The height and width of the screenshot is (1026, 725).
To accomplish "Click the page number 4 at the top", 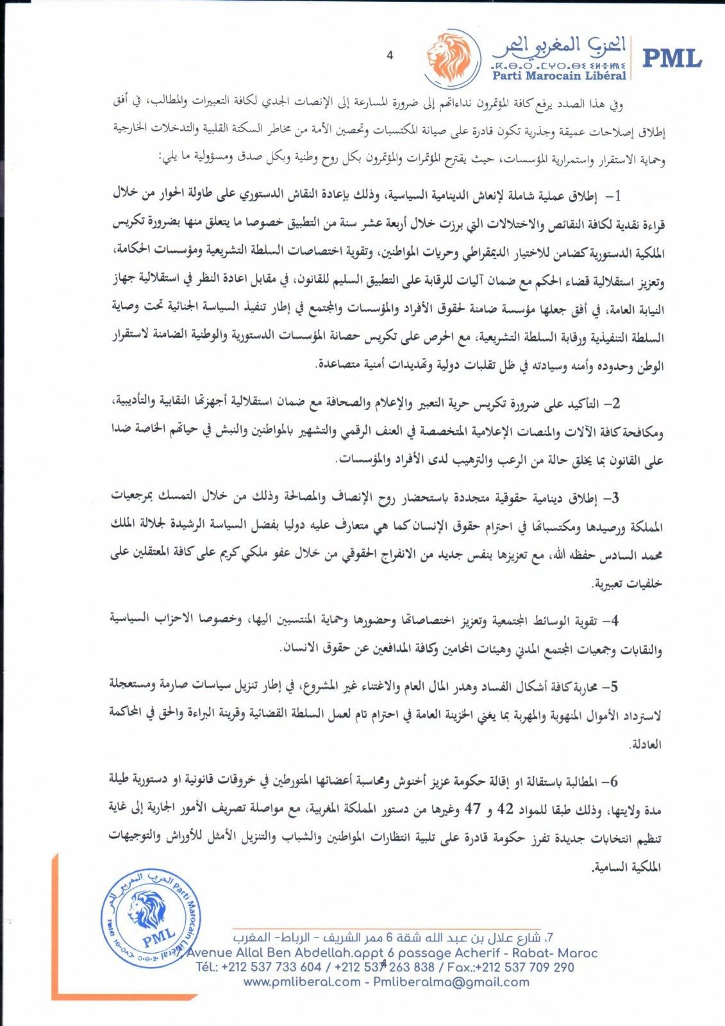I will [x=389, y=56].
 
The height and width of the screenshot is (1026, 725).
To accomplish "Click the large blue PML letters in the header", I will [x=672, y=58].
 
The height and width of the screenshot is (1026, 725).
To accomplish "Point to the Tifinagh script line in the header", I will [x=556, y=65].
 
